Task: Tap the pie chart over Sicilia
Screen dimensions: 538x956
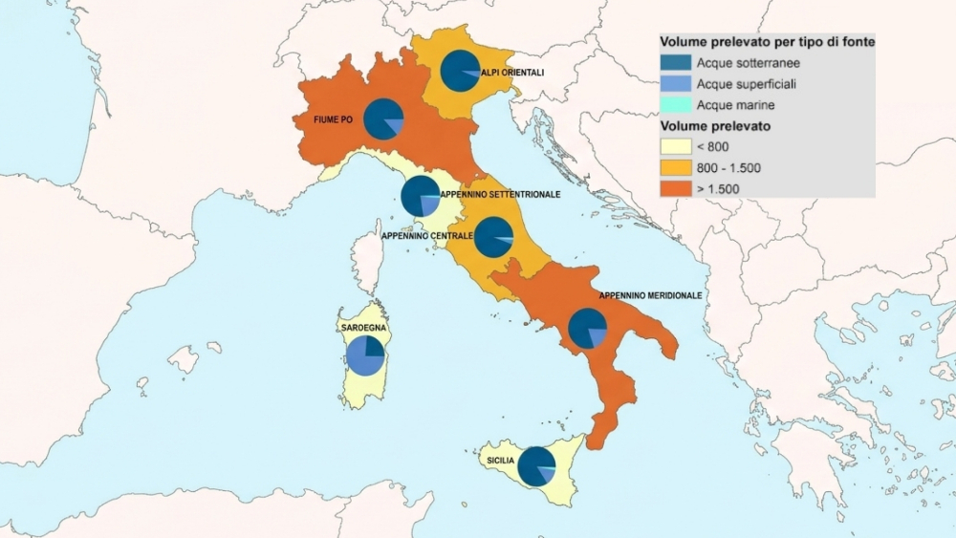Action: point(536,465)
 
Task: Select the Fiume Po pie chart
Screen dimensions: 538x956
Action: point(385,118)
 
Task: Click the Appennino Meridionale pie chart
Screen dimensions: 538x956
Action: point(587,329)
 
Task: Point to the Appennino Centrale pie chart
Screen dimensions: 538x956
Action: point(493,237)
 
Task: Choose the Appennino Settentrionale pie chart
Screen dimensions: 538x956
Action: point(420,196)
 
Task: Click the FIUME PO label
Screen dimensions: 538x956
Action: point(334,120)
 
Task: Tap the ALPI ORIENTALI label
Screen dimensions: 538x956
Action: point(513,73)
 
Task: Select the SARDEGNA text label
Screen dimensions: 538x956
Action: point(362,328)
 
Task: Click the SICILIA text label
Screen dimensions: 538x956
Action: point(500,461)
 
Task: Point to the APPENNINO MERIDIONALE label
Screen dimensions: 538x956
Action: point(650,296)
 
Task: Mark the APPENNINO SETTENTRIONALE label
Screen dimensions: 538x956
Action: point(512,194)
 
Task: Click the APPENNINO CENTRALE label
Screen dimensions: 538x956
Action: point(426,236)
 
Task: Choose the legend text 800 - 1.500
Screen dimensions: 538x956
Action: point(728,167)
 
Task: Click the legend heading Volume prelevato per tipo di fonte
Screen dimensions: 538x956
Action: point(768,43)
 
